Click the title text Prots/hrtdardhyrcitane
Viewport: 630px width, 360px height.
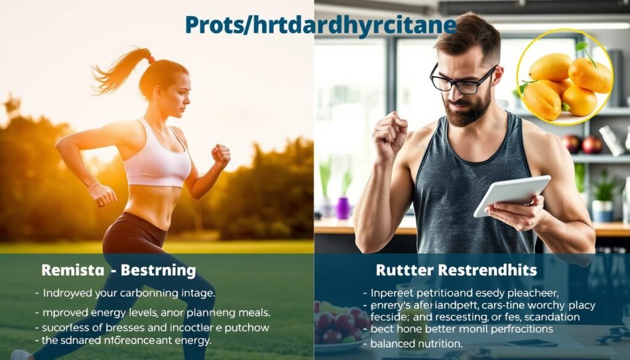[321, 25]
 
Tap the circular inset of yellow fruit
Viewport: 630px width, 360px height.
[564, 77]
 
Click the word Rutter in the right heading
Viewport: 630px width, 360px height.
[401, 270]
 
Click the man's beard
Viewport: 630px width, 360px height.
[468, 111]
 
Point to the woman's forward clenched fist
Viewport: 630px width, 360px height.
[220, 154]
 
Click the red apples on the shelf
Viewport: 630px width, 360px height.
[581, 145]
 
